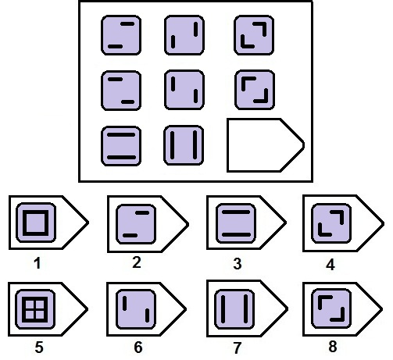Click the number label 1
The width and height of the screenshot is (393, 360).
tap(38, 263)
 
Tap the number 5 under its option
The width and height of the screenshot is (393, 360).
tap(39, 347)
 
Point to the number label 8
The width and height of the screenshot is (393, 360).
tap(333, 347)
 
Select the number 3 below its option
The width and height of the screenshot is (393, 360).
tap(238, 263)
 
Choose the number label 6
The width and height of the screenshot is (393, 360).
tap(138, 347)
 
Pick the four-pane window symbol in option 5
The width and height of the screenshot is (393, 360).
tap(35, 309)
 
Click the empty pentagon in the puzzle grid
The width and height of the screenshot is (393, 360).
tap(266, 145)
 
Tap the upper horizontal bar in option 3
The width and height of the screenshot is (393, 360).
tap(236, 212)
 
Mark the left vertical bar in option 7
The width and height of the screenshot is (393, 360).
tap(223, 309)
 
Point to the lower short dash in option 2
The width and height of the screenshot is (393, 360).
tap(130, 235)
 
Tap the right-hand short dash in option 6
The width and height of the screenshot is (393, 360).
tap(148, 315)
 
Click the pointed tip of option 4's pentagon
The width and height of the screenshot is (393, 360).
tap(384, 223)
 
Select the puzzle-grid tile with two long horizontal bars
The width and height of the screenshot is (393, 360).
tap(121, 146)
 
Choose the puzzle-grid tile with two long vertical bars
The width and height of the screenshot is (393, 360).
tap(184, 145)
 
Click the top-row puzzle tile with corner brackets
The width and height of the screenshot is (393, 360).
tap(254, 35)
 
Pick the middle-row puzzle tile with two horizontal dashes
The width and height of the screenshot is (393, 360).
tap(121, 91)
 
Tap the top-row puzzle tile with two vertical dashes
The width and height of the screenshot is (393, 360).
tap(184, 35)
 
